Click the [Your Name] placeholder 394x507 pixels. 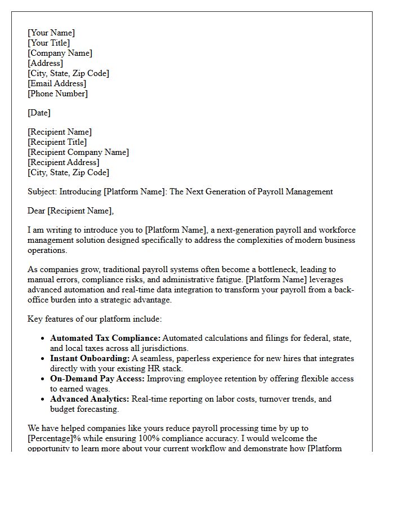[51, 33]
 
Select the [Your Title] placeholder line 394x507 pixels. [49, 43]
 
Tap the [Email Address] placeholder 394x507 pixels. [57, 83]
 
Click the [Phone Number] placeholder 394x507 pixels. [57, 94]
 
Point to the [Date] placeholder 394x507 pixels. [39, 113]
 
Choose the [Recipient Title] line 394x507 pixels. [57, 142]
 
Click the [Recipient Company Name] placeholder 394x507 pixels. [78, 152]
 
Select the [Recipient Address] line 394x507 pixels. [63, 162]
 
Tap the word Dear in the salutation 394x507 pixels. [37, 211]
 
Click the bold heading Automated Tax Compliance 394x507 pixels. [105, 338]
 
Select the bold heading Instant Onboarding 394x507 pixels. [89, 358]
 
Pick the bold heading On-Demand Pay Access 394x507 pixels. [97, 379]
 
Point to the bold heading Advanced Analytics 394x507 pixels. [89, 399]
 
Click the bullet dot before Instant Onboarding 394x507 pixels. [43, 358]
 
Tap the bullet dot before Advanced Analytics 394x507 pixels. [43, 399]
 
